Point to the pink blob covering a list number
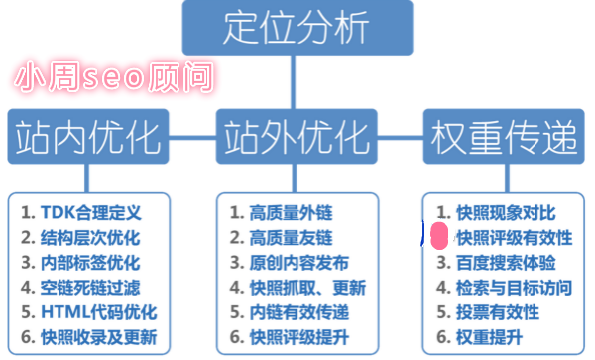[x=437, y=238]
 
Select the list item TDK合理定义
[x=91, y=212]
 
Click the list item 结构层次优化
[x=91, y=238]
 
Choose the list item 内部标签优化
[x=91, y=263]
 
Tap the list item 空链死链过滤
[x=91, y=288]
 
